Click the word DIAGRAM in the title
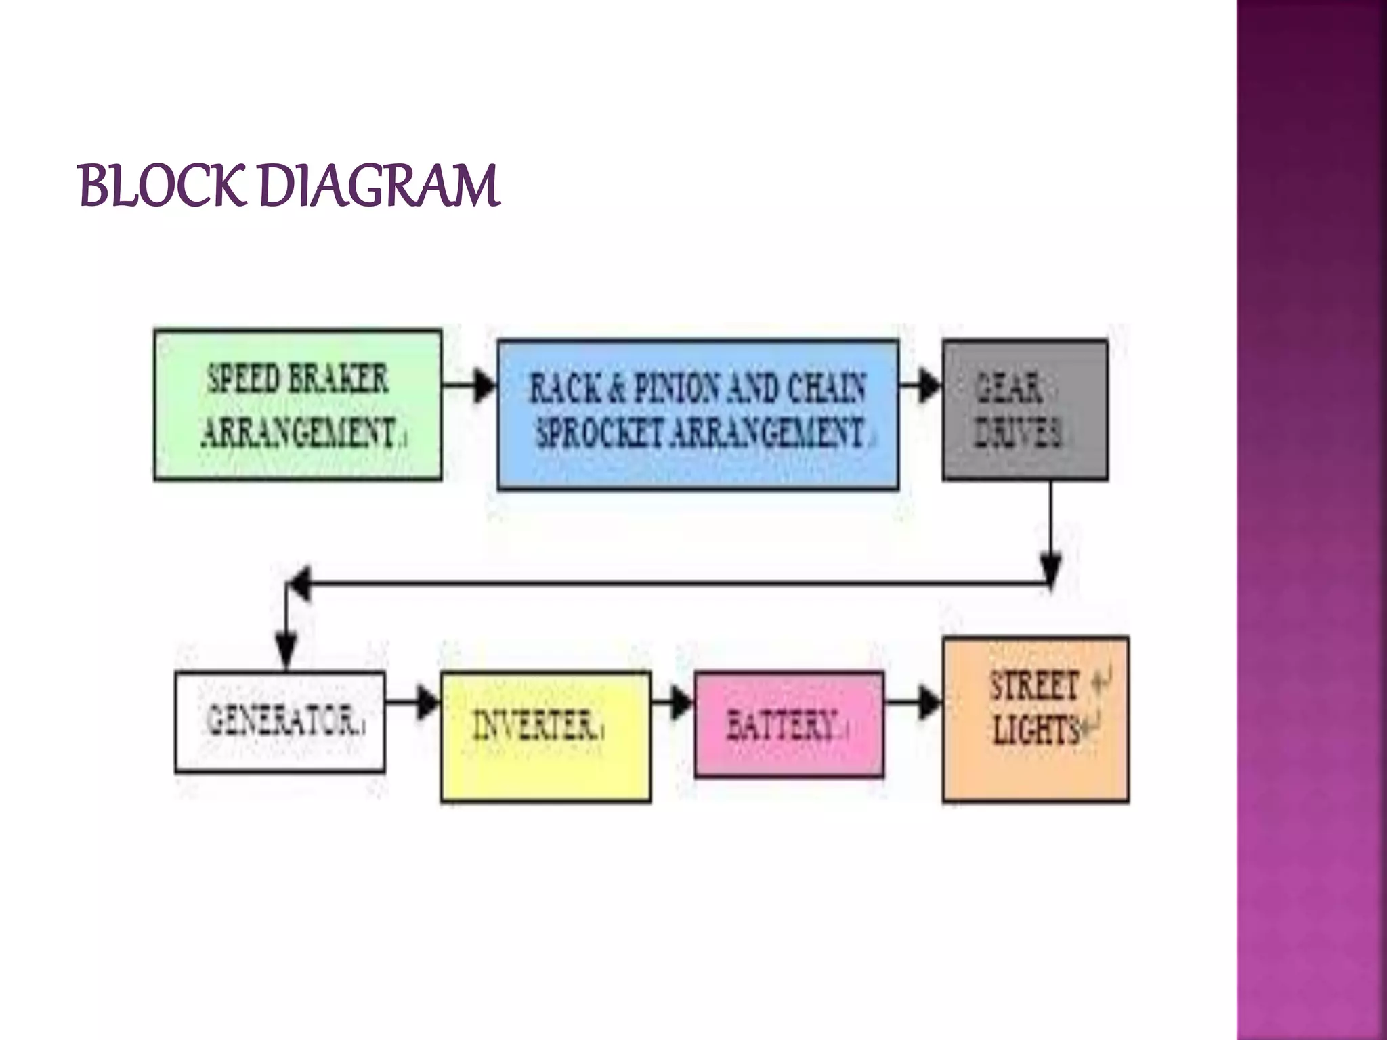379,186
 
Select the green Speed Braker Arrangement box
298,405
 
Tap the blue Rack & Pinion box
698,414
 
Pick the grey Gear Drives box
1025,410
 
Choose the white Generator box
280,722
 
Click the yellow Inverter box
546,737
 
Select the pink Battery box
789,724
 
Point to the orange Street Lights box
1036,719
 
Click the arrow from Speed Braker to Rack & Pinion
470,385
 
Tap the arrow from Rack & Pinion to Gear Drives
921,385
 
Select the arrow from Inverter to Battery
673,702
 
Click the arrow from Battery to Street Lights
914,702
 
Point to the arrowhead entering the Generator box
286,650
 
